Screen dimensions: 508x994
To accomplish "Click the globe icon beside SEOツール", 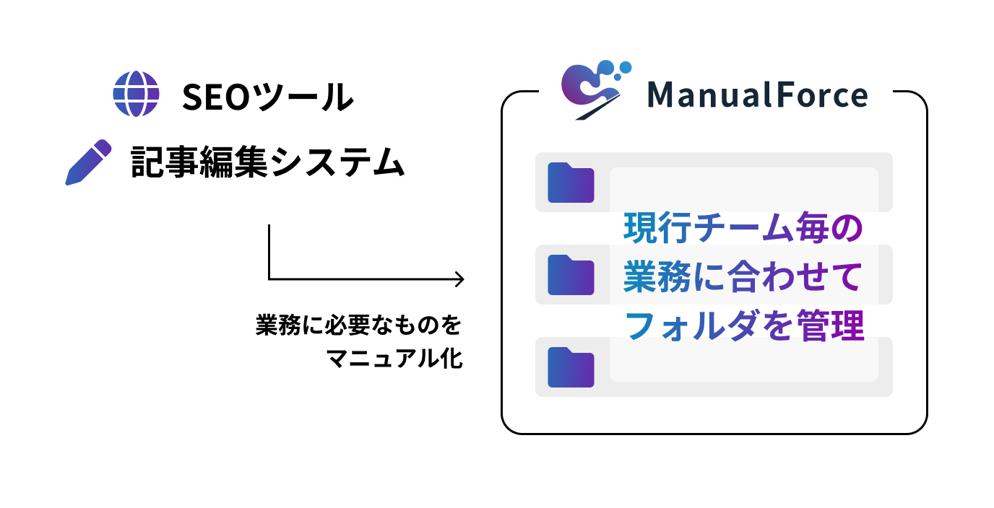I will pyautogui.click(x=136, y=94).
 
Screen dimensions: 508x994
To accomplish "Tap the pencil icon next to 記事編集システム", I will pyautogui.click(x=88, y=162).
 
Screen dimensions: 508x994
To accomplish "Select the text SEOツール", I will pyautogui.click(x=267, y=97).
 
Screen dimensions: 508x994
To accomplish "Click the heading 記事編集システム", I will pyautogui.click(x=267, y=163).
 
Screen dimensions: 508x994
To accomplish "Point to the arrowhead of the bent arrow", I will pyautogui.click(x=459, y=279).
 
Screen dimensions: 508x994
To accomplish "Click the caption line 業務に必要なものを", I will pyautogui.click(x=358, y=325).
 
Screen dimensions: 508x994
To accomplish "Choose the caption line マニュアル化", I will pyautogui.click(x=394, y=359).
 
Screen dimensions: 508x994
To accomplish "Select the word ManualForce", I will pyautogui.click(x=756, y=95).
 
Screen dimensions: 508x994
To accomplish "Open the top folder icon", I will pyautogui.click(x=571, y=183).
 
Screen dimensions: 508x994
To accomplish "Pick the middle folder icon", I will pyautogui.click(x=571, y=275).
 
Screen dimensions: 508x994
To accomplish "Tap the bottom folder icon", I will pyautogui.click(x=571, y=367).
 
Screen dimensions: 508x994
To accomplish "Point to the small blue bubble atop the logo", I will pyautogui.click(x=626, y=67).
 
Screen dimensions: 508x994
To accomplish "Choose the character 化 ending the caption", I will pyautogui.click(x=451, y=359).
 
